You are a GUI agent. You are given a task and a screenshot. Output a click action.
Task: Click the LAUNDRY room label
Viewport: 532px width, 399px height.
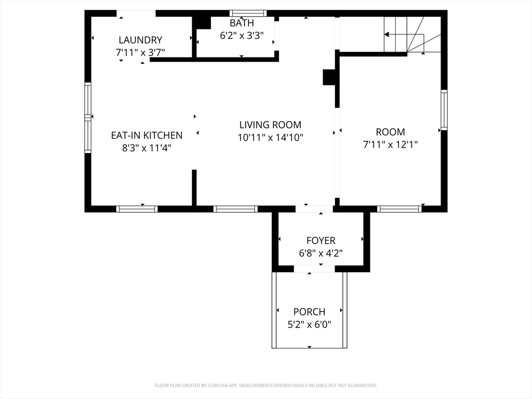pyautogui.click(x=140, y=40)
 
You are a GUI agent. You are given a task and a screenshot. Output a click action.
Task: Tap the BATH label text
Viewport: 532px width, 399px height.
pyautogui.click(x=242, y=23)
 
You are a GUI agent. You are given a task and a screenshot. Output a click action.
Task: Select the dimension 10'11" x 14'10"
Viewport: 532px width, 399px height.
pyautogui.click(x=270, y=138)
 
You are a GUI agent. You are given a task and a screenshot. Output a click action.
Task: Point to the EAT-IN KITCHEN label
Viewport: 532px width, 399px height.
pyautogui.click(x=147, y=136)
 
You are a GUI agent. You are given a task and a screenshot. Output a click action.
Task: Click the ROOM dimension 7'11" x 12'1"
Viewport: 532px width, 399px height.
pyautogui.click(x=390, y=144)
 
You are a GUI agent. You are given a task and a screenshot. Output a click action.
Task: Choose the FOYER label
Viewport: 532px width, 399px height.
pyautogui.click(x=321, y=241)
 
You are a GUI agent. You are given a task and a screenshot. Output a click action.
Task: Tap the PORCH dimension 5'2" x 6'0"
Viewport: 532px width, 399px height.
pyautogui.click(x=309, y=325)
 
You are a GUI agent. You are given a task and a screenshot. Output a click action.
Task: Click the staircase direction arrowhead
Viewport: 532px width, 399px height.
pyautogui.click(x=387, y=35)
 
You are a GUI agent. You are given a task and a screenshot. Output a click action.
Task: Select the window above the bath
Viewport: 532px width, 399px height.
pyautogui.click(x=248, y=14)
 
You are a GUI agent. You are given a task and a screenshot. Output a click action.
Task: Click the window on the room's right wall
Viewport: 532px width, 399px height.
pyautogui.click(x=444, y=110)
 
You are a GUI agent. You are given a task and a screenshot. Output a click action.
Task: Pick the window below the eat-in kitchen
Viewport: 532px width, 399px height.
pyautogui.click(x=137, y=209)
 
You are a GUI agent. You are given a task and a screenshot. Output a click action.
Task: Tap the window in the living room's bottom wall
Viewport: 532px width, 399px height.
pyautogui.click(x=235, y=209)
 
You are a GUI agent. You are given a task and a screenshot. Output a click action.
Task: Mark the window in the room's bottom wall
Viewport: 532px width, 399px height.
pyautogui.click(x=399, y=209)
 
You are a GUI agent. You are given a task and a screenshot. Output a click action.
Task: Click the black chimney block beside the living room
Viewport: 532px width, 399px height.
pyautogui.click(x=329, y=77)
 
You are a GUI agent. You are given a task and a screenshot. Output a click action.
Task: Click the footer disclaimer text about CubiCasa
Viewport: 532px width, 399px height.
pyautogui.click(x=265, y=385)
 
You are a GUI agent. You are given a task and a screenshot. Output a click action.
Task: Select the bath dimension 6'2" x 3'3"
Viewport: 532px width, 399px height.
pyautogui.click(x=242, y=36)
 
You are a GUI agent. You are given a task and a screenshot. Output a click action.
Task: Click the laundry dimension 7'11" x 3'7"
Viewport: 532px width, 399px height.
pyautogui.click(x=140, y=52)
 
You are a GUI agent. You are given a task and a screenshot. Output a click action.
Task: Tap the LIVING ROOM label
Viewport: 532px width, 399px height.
pyautogui.click(x=270, y=125)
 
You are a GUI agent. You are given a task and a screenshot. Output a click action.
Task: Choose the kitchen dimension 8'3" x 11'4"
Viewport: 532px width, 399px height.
pyautogui.click(x=147, y=148)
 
